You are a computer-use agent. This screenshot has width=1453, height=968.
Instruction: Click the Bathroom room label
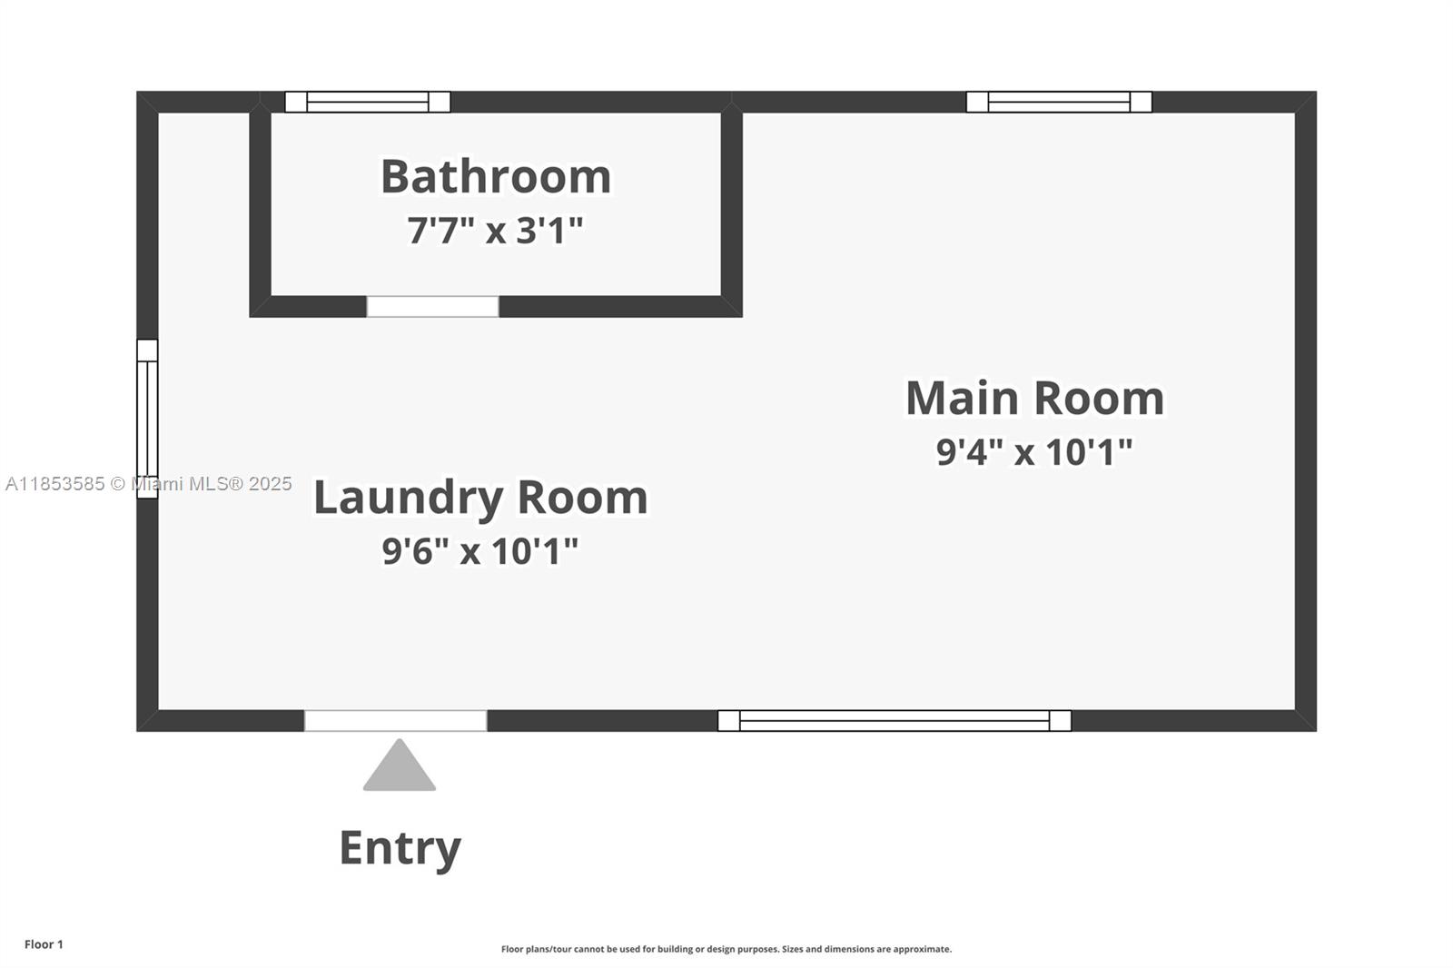coord(496,176)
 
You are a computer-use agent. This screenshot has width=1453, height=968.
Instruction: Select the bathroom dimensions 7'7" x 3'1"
coord(496,230)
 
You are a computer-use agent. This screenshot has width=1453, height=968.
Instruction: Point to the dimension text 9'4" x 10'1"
coord(1034,451)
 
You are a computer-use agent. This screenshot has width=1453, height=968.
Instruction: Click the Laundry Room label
coord(480,499)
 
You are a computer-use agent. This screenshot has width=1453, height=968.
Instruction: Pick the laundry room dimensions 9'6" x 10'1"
coord(480,551)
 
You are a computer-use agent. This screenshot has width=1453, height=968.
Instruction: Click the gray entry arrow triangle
coord(399,765)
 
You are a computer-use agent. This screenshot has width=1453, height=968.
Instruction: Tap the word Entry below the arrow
coord(400,848)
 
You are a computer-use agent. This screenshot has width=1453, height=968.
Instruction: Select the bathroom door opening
coord(432,306)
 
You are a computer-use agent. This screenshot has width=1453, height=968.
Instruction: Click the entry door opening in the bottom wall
coord(396,721)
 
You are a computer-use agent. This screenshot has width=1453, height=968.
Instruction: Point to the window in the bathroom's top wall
coord(368,102)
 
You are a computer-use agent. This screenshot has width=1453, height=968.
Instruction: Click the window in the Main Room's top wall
coord(1059,102)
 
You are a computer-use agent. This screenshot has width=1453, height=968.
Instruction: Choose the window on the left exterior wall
coord(147,420)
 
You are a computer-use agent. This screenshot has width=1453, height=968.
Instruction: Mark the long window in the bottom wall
coord(895,721)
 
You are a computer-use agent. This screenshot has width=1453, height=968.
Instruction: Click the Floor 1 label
coord(44,944)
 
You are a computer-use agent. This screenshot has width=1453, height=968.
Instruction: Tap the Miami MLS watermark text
coord(149,484)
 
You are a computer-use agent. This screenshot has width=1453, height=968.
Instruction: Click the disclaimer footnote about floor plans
coord(726,949)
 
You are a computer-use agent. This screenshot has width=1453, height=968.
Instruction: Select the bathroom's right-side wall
coord(732,204)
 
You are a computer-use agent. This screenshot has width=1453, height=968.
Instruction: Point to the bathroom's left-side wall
coord(260,204)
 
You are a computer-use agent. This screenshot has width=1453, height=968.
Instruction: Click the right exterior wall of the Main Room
coord(1306,411)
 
